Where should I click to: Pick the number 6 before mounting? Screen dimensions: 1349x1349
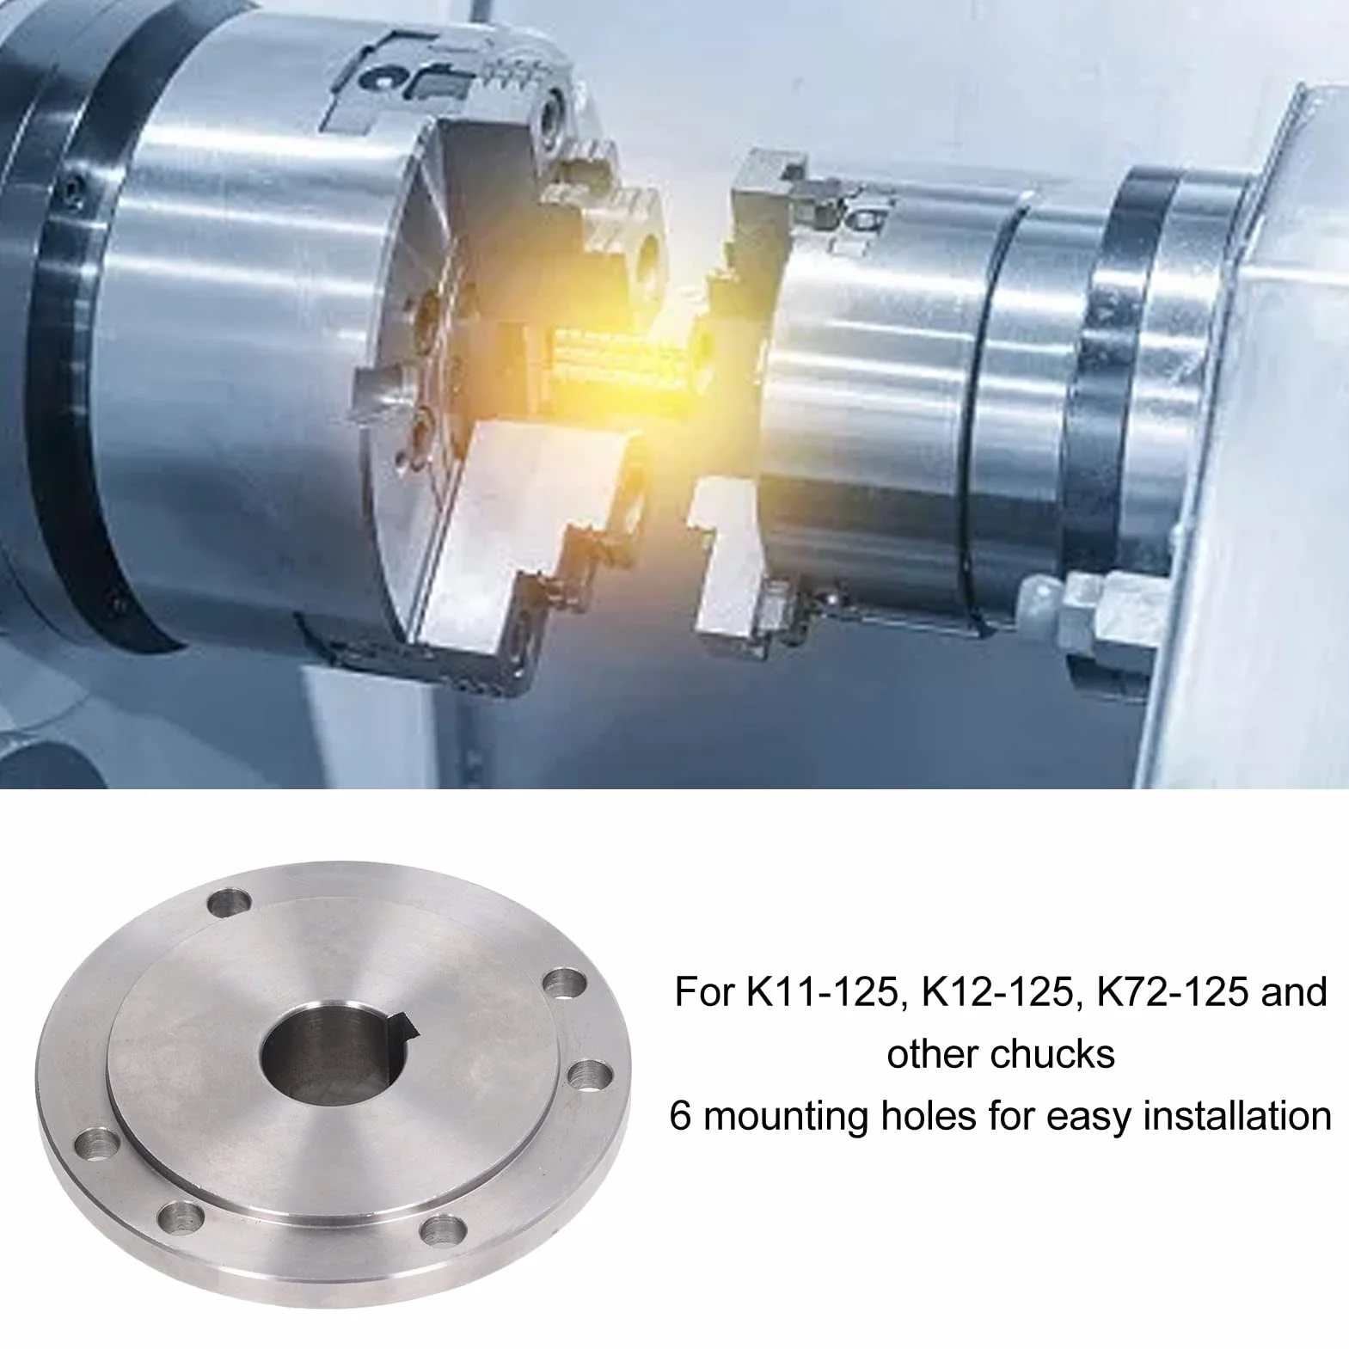(679, 1116)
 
